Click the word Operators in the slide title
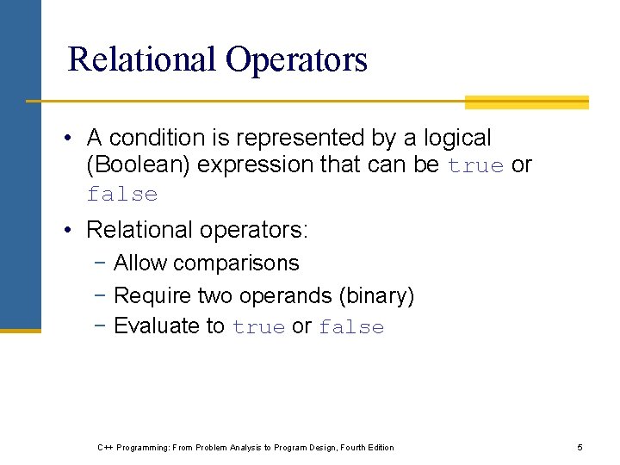[296, 59]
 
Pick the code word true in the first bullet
[475, 166]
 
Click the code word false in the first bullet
[122, 195]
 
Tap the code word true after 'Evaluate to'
[258, 327]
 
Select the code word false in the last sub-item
[351, 327]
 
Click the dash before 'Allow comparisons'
[102, 263]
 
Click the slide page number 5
[580, 447]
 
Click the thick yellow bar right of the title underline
[526, 102]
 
